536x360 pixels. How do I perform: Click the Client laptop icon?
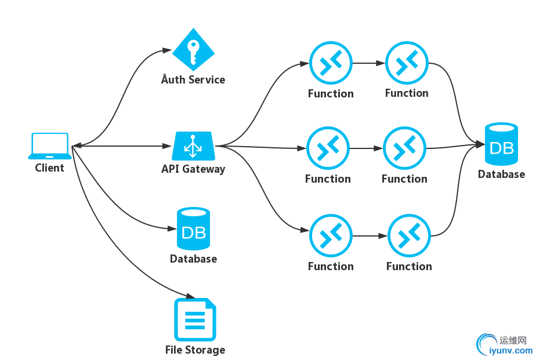coord(50,146)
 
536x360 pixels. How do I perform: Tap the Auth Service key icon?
coord(194,50)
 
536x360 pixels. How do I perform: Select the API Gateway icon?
coord(194,146)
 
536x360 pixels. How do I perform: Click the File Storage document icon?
coord(194,319)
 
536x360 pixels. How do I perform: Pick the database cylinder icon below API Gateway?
coord(193,229)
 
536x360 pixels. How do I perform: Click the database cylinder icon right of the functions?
coord(502,144)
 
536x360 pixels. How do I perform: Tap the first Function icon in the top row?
coord(331,63)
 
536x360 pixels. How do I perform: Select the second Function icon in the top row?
coord(407,63)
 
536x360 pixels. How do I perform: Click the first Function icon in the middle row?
coord(328,148)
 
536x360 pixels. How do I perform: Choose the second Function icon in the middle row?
coord(404,148)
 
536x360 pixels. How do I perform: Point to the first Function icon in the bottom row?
coord(331,236)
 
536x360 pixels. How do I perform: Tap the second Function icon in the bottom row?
coord(409,236)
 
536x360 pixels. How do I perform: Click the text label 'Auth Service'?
coord(193,79)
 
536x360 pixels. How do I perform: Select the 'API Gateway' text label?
coord(193,169)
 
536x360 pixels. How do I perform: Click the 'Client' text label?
coord(50,168)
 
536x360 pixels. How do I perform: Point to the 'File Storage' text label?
coord(195,350)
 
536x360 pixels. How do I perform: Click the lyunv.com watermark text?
coord(510,350)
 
